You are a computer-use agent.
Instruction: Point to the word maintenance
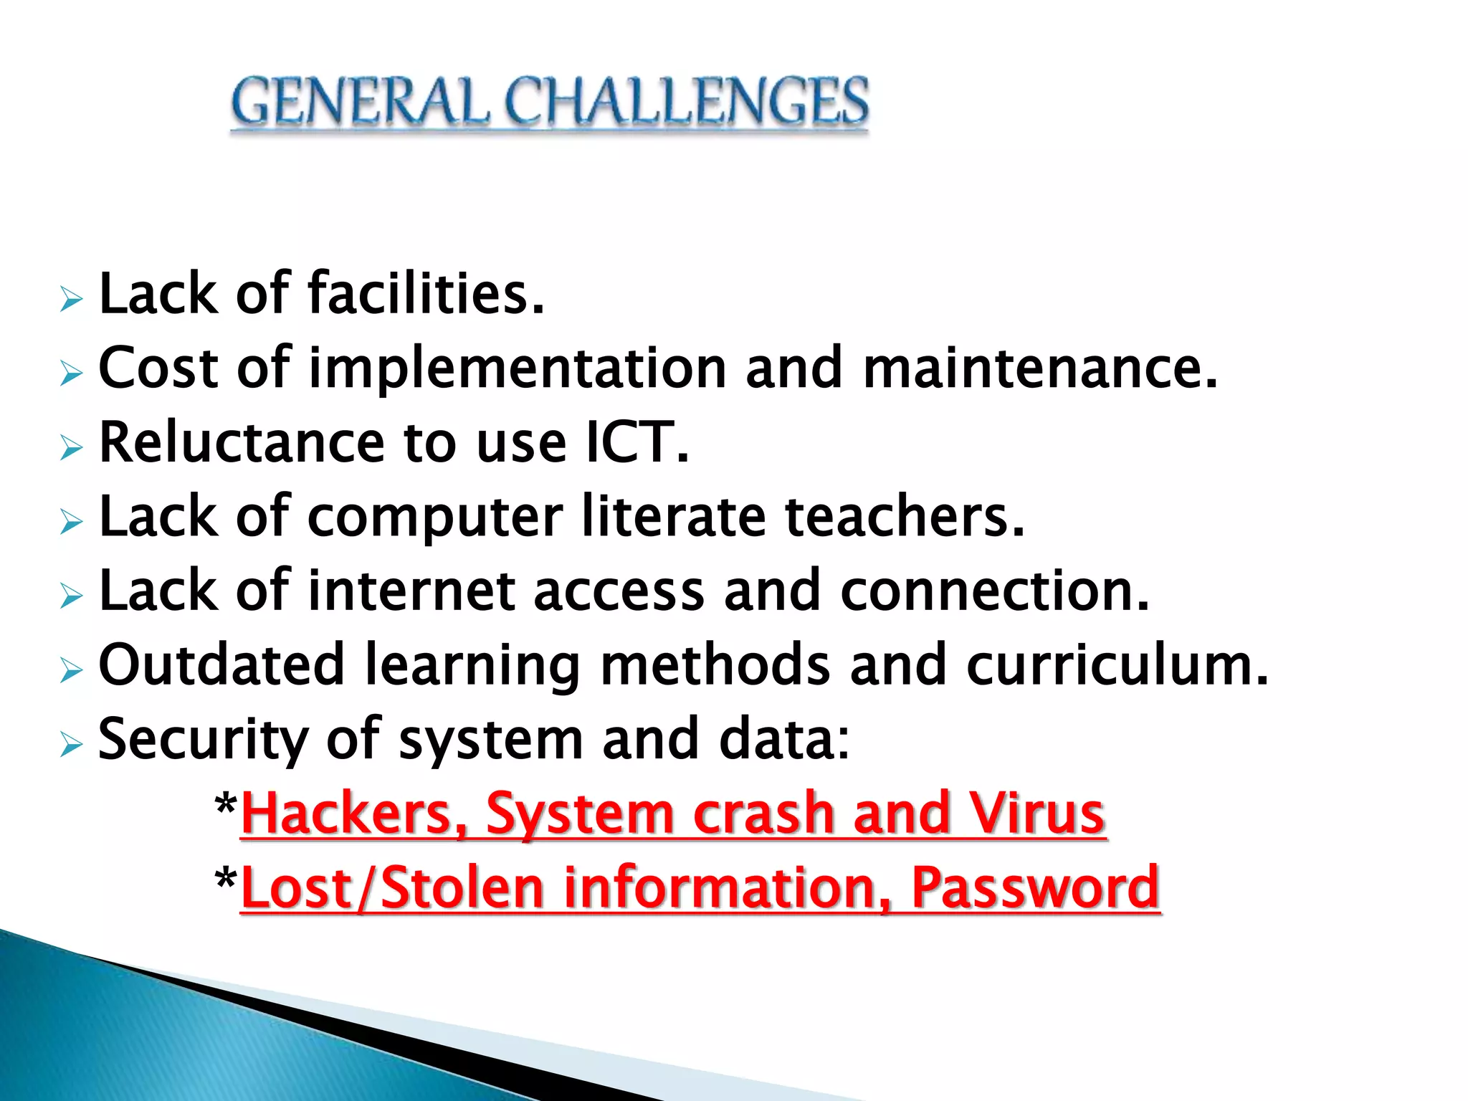point(1039,368)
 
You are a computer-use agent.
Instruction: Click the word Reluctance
point(242,442)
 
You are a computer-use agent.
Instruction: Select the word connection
point(994,591)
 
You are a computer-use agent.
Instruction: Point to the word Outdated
point(221,665)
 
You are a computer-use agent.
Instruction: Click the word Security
point(203,740)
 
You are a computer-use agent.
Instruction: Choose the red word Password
point(1035,888)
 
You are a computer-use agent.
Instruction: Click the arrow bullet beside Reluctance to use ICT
point(72,448)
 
